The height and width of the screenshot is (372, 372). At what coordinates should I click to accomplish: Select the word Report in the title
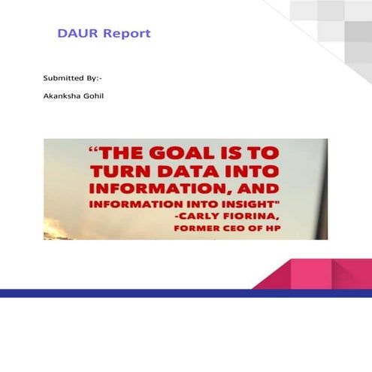coord(127,34)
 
